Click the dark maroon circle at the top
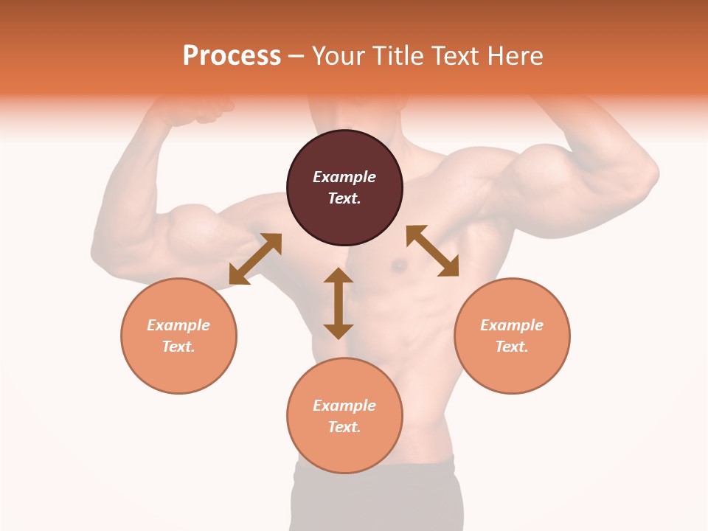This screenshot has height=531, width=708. (344, 187)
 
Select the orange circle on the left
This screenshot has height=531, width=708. (178, 336)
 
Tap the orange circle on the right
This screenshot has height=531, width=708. (512, 336)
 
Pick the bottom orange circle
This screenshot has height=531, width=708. (344, 415)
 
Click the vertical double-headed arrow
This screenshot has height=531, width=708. (339, 303)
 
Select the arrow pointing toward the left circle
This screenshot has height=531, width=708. (255, 259)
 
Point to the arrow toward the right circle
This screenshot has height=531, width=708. (433, 251)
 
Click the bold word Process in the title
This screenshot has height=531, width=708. (232, 56)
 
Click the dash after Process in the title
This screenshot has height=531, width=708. (296, 56)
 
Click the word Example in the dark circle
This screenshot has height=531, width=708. (344, 177)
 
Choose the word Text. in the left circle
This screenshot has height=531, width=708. (178, 347)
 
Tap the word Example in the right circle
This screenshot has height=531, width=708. (512, 325)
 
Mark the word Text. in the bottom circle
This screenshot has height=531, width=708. (344, 427)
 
